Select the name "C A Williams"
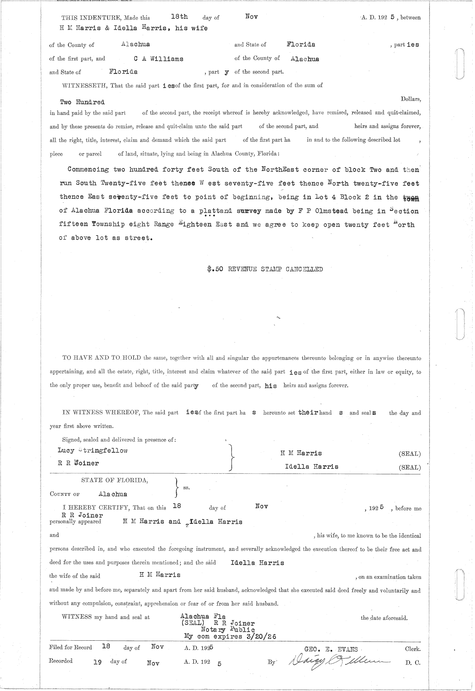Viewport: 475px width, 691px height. (158, 59)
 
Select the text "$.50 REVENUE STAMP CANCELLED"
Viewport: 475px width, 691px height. (265, 269)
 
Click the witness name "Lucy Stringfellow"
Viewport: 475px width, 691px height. (93, 450)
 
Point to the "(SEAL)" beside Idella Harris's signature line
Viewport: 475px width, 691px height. (410, 467)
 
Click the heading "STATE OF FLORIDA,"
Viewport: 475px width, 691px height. (115, 480)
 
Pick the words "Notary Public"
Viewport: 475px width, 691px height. (228, 630)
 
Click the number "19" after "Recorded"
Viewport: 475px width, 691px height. (97, 662)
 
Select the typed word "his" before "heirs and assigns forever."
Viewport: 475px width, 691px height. (271, 386)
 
